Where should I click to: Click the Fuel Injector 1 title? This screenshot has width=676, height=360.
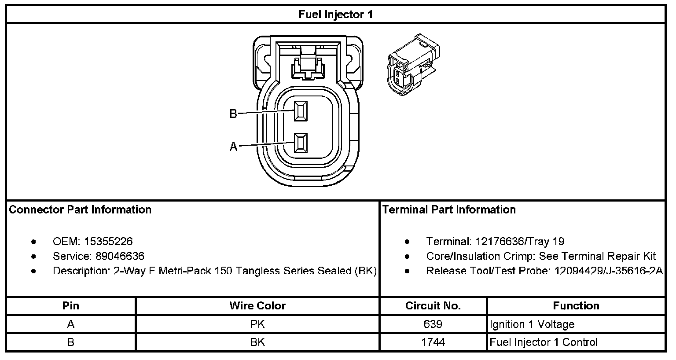335,15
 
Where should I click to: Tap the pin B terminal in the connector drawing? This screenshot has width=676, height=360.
301,111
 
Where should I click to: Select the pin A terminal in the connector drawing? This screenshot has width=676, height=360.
301,143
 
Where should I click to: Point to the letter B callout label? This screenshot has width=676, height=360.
233,114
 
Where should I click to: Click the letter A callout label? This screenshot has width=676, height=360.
233,147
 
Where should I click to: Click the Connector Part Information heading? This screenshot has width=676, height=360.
80,209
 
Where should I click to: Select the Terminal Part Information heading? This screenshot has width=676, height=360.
449,209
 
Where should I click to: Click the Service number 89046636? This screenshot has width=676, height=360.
119,256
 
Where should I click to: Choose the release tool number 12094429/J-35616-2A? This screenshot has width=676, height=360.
607,271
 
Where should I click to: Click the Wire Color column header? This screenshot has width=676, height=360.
257,306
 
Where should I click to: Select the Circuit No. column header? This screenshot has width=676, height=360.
433,306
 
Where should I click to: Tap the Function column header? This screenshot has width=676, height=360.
576,306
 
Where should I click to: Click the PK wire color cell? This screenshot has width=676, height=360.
257,324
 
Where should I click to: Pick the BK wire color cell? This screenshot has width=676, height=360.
257,342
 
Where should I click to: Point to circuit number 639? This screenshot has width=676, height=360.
433,324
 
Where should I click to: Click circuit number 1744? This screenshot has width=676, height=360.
433,342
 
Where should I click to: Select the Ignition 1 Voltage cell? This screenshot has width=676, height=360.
532,324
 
